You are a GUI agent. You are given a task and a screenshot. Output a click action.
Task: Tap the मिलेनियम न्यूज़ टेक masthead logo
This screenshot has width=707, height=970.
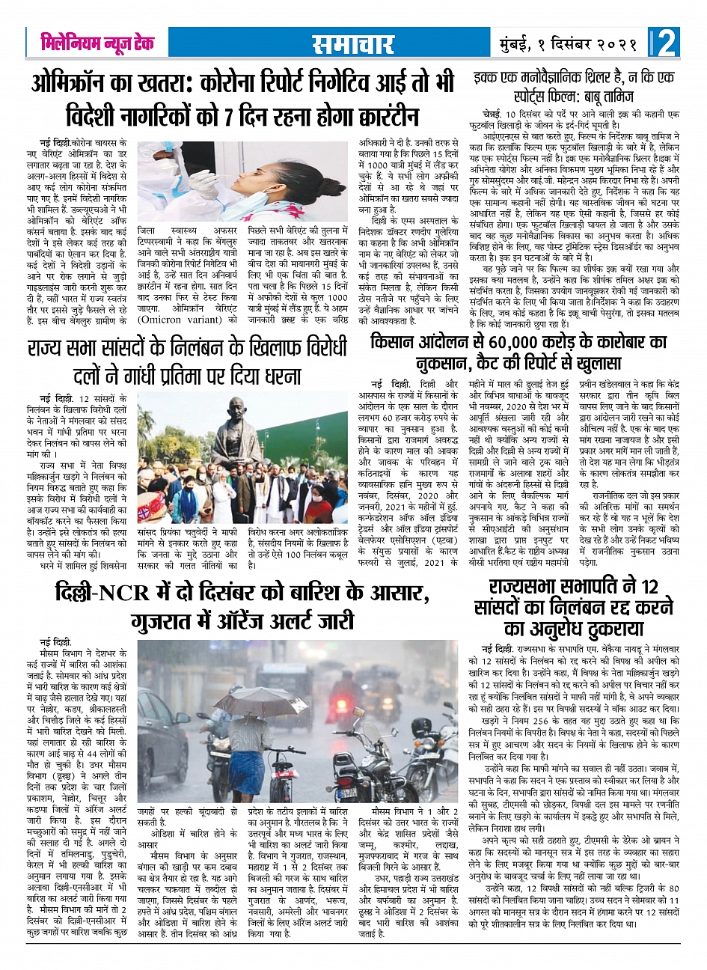(97, 43)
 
